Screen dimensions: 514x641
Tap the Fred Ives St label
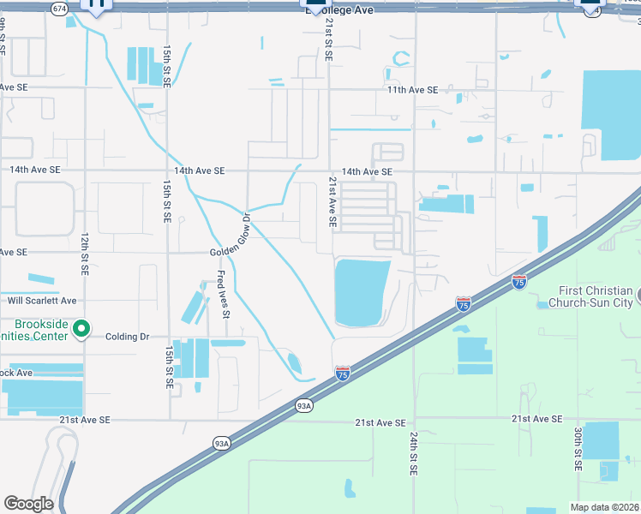coord(221,294)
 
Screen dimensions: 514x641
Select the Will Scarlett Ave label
coord(42,301)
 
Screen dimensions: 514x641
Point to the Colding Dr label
coord(127,337)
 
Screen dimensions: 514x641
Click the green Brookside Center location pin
coord(81,329)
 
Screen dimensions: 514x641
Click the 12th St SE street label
coord(85,253)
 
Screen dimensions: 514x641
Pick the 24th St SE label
coord(413,454)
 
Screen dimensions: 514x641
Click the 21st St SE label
coord(328,42)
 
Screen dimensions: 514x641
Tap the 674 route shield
coord(59,9)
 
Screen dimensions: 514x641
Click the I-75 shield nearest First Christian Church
coord(518,280)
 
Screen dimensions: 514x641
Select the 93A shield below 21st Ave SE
coord(221,443)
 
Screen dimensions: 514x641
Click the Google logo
coord(28,504)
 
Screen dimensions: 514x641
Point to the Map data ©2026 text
coord(604,507)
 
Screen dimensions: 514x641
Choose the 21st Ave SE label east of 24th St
coord(536,419)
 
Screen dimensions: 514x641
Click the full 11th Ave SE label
coord(412,90)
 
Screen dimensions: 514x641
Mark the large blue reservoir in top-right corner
coord(610,114)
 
